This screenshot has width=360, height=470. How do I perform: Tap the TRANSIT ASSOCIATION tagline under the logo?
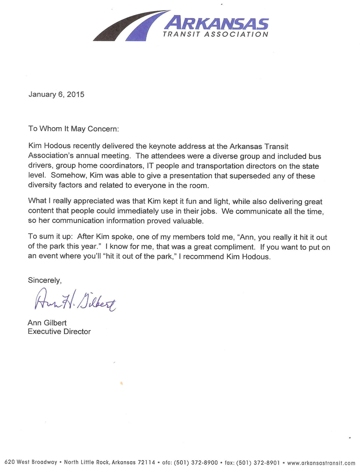[215, 35]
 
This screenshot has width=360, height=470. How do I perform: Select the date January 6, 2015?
[56, 94]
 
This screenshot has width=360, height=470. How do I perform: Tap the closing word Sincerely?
[45, 280]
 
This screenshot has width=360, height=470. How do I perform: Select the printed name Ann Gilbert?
[47, 323]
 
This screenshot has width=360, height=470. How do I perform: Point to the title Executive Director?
[59, 332]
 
